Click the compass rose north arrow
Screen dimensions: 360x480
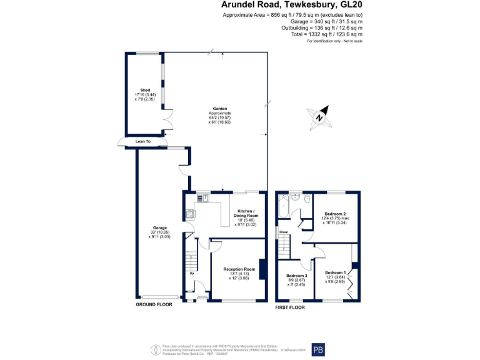coord(319,117)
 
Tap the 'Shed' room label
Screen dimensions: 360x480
coord(145,90)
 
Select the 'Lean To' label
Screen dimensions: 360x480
coord(143,142)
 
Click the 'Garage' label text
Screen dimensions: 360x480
coord(159,227)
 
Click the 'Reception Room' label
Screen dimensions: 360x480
coord(241,269)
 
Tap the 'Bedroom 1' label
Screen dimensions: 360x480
coord(335,272)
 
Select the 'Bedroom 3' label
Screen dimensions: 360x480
coord(297,276)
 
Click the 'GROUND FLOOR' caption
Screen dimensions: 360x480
coord(154,304)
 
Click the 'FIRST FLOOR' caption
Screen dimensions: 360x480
coord(290,307)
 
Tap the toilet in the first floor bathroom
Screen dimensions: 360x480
coord(307,200)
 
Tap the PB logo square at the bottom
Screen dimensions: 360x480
coord(317,350)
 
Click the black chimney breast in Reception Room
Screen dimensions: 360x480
coord(262,269)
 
